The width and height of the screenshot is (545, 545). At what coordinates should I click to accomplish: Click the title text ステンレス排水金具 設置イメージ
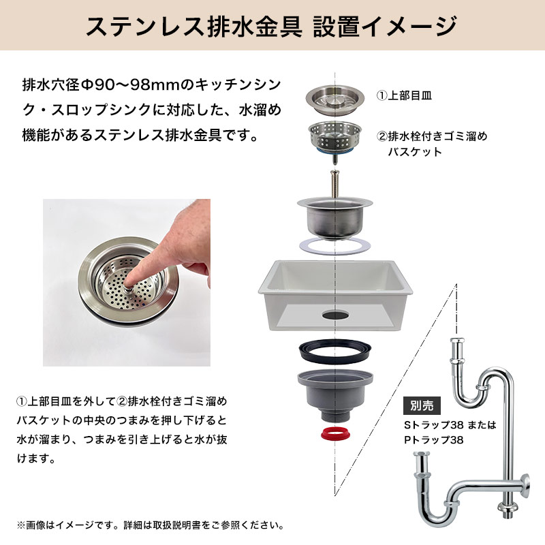click(271, 26)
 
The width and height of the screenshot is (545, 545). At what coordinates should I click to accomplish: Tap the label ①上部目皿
click(404, 95)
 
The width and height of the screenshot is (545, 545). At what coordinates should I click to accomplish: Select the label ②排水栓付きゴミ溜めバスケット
click(432, 144)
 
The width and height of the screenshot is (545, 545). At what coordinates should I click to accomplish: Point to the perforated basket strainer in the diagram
click(334, 138)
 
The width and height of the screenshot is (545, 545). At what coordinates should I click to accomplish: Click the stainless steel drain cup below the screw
click(334, 218)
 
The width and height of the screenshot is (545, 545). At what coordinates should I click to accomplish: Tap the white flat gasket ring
click(334, 246)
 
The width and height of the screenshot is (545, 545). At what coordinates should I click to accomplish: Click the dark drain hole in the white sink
click(335, 315)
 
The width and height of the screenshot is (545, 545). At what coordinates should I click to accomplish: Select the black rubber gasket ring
click(335, 352)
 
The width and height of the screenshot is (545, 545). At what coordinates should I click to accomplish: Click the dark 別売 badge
click(422, 405)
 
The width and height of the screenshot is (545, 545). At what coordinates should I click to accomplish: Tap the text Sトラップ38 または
click(450, 424)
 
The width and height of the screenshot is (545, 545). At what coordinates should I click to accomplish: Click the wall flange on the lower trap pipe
click(526, 486)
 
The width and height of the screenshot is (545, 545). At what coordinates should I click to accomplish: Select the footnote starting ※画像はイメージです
click(150, 525)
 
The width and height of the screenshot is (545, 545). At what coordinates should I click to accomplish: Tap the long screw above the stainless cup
click(334, 184)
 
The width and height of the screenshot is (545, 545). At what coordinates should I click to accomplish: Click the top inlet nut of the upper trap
click(457, 343)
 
